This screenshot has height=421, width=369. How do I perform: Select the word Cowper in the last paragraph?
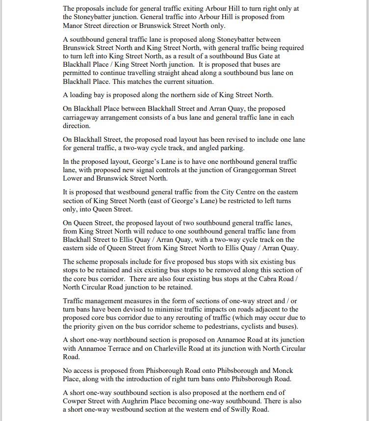click(75, 400)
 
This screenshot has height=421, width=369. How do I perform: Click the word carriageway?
click(84, 117)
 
